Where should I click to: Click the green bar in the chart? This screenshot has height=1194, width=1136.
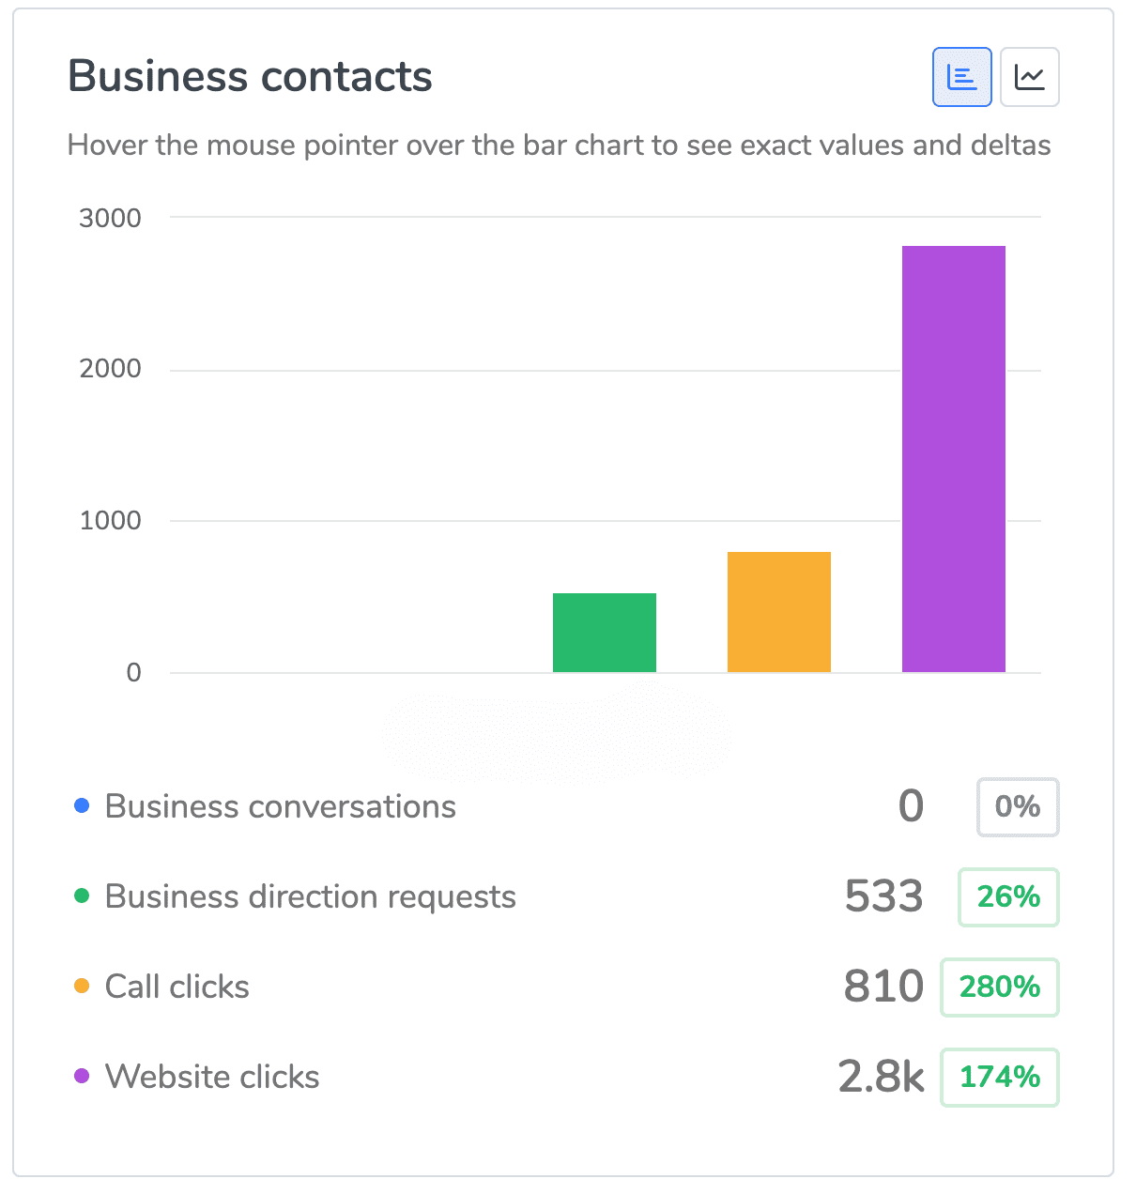[x=604, y=632]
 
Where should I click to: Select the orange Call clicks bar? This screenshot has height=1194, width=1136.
[x=778, y=611]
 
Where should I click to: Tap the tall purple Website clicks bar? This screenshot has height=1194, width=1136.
[x=953, y=458]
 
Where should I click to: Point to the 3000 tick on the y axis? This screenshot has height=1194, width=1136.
[x=110, y=218]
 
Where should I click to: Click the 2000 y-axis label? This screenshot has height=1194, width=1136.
[x=110, y=368]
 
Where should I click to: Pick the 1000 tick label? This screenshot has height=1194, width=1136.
[x=110, y=520]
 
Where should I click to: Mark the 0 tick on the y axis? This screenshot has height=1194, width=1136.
[x=133, y=672]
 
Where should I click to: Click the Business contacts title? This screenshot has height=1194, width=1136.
[x=250, y=76]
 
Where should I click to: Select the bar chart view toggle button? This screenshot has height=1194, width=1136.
[x=961, y=77]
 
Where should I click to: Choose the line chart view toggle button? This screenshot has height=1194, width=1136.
[x=1029, y=77]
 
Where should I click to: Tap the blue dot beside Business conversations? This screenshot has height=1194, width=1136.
[x=82, y=805]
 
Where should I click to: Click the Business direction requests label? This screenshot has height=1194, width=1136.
[x=310, y=896]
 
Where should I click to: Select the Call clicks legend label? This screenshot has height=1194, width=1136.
[x=177, y=987]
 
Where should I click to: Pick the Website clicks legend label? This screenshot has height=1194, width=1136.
[x=212, y=1077]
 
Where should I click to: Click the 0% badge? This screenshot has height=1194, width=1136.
[x=1017, y=806]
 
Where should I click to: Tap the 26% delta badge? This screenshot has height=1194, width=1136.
[x=1007, y=896]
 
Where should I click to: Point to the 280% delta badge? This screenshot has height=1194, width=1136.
[x=999, y=987]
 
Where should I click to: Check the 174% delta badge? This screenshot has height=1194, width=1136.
[x=999, y=1077]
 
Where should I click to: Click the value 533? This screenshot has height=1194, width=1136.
[x=883, y=896]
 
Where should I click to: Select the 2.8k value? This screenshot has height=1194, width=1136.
[x=881, y=1077]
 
